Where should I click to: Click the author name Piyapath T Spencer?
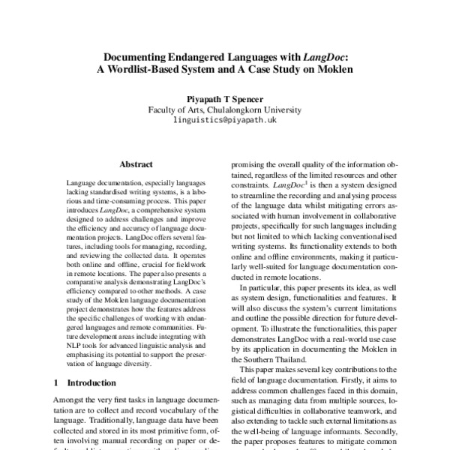click(225, 97)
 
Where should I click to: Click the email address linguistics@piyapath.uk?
click(225, 119)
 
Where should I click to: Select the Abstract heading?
click(136, 164)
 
